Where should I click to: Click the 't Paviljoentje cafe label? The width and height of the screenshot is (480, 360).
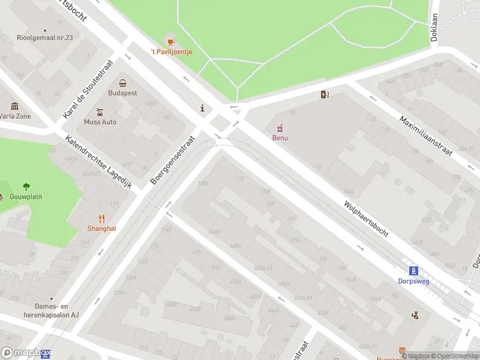pyautogui.click(x=171, y=52)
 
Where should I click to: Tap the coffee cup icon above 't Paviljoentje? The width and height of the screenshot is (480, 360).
pyautogui.click(x=171, y=41)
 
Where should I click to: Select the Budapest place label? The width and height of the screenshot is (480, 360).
pyautogui.click(x=122, y=93)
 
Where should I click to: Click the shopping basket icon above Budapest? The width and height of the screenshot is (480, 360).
pyautogui.click(x=122, y=83)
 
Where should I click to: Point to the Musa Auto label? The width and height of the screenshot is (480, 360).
pyautogui.click(x=100, y=122)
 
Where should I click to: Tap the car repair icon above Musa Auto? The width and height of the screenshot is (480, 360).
pyautogui.click(x=100, y=112)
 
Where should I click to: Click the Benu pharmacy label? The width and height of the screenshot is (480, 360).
pyautogui.click(x=280, y=138)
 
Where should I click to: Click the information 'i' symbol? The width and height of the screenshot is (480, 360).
pyautogui.click(x=203, y=109)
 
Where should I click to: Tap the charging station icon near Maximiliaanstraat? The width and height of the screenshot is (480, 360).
pyautogui.click(x=325, y=94)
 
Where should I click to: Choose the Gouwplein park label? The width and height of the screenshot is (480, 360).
pyautogui.click(x=26, y=197)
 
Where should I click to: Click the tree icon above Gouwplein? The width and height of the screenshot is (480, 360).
pyautogui.click(x=26, y=187)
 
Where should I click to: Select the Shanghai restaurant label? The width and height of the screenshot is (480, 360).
pyautogui.click(x=102, y=228)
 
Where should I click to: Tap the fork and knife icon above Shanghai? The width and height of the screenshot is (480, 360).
pyautogui.click(x=102, y=218)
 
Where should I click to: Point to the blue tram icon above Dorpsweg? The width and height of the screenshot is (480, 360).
pyautogui.click(x=413, y=271)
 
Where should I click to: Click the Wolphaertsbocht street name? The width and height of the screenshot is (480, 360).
pyautogui.click(x=366, y=218)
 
